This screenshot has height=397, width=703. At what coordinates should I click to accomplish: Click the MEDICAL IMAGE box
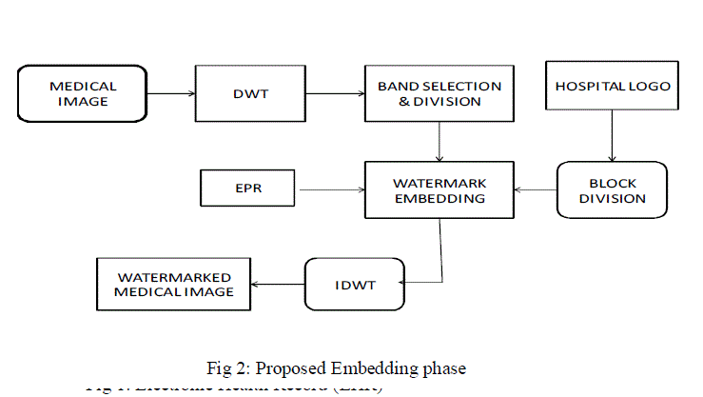[83, 93]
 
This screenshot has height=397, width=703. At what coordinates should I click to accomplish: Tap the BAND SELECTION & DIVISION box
[439, 93]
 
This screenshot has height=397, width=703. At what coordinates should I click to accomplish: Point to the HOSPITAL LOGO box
[612, 87]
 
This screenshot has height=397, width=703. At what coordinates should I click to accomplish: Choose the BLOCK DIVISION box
[612, 190]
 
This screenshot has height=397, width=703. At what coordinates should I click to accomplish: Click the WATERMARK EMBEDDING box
[439, 190]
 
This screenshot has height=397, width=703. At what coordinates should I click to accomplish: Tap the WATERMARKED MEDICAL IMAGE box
[173, 284]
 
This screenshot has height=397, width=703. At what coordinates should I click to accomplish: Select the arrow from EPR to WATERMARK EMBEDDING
[332, 189]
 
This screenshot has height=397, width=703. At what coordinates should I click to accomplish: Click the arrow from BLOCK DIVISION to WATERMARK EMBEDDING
[536, 189]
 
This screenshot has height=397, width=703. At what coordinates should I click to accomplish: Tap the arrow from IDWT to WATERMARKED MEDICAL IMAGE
[278, 284]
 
